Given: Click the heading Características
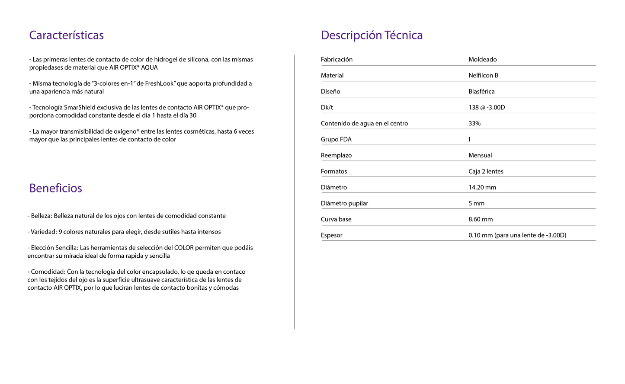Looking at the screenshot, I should [66, 35].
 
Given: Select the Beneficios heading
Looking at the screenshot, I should [55, 188].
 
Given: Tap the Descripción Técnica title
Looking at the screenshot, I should [372, 35].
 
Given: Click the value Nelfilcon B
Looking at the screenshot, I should [483, 75].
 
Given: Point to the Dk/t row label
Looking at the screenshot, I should [327, 107].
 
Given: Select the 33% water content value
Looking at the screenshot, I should [474, 123].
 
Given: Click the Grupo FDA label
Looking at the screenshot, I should [336, 139].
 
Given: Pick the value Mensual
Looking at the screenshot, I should [480, 155].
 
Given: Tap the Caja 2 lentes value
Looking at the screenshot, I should [486, 171].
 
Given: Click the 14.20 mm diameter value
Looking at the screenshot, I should [482, 187].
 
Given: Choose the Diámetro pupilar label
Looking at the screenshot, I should [344, 203].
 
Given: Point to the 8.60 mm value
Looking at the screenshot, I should [481, 219].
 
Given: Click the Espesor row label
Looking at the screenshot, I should [331, 235].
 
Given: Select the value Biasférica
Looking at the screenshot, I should [481, 91].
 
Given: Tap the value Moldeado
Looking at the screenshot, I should [482, 59].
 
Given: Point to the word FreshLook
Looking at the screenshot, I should [159, 83].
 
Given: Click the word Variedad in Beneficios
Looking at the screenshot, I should [44, 232].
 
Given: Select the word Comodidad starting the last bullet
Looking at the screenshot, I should [48, 272].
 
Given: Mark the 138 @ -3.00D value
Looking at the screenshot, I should [487, 107].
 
